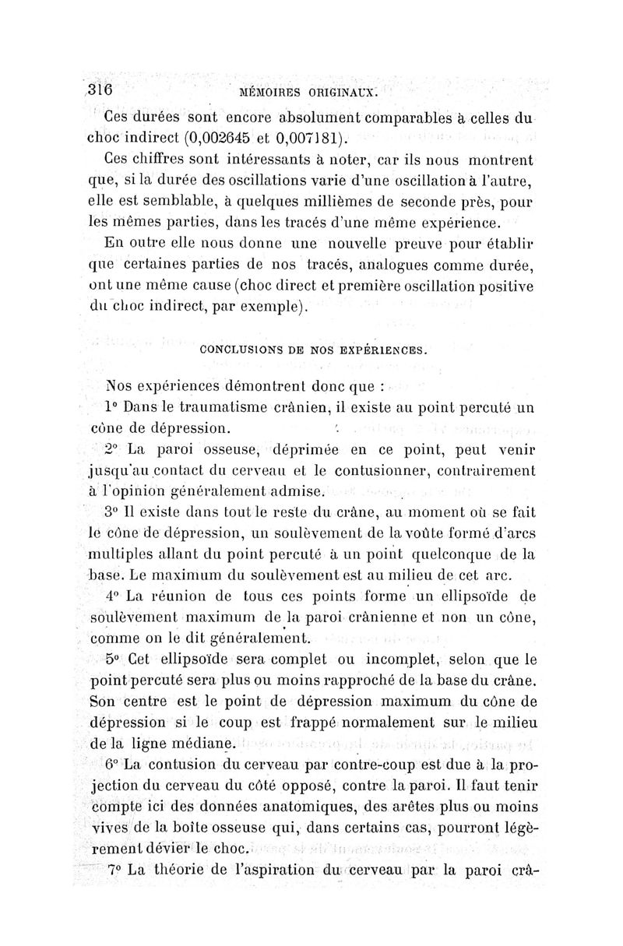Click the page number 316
click(99, 88)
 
